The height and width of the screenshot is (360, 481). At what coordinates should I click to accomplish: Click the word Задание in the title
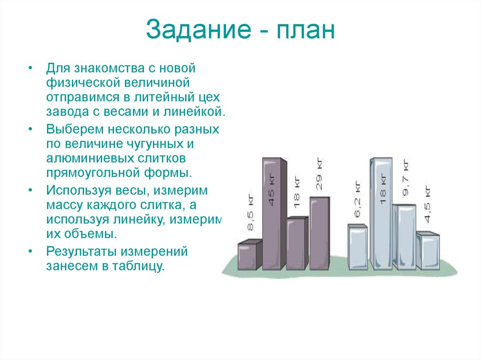[x=199, y=30]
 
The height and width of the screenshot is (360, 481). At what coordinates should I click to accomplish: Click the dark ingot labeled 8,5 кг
[x=250, y=256]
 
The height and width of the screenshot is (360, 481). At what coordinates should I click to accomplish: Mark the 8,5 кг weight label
[x=250, y=216]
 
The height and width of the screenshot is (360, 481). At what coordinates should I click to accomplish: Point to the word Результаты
[x=81, y=252]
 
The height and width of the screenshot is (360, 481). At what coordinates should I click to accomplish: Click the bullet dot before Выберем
[x=30, y=128]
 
